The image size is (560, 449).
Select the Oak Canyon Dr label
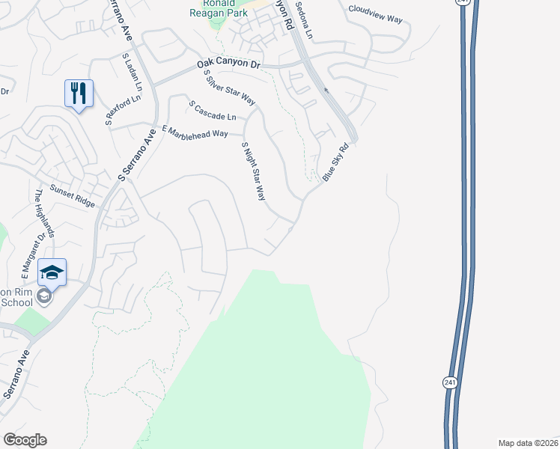[x=228, y=66]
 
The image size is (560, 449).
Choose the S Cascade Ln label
[x=213, y=111]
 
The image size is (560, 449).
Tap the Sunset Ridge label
[x=73, y=197]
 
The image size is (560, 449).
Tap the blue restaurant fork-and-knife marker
[x=79, y=94]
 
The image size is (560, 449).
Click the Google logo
[x=25, y=440]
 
